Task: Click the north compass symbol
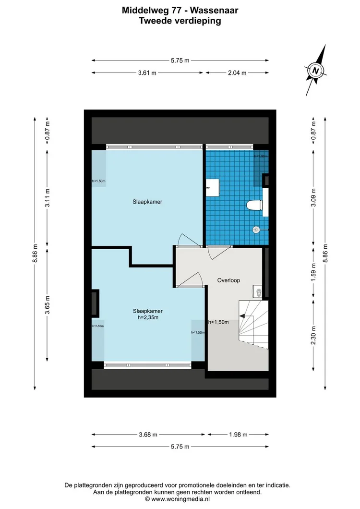[316, 71]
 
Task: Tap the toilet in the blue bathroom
[254, 206]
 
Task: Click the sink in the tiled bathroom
[212, 187]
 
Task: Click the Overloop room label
[228, 280]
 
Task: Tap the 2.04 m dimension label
[237, 73]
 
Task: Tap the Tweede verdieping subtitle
[180, 21]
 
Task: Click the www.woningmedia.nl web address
[184, 499]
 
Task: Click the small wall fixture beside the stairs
[258, 291]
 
